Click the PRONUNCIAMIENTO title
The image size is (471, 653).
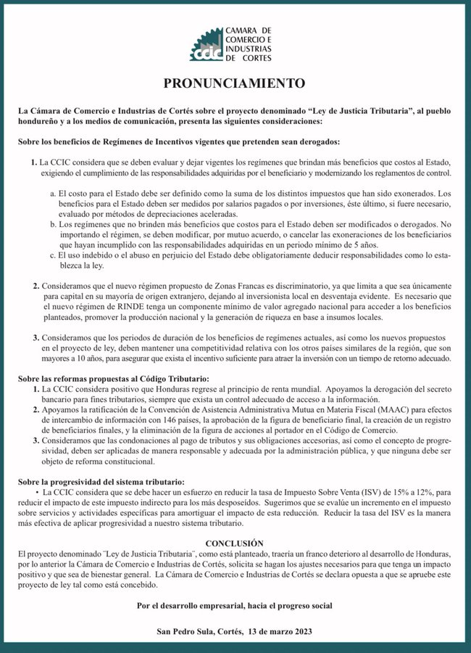point(235,83)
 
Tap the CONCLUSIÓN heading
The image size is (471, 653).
point(235,543)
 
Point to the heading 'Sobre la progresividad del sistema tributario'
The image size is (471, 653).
point(101,482)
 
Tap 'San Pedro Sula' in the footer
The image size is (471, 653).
point(186,632)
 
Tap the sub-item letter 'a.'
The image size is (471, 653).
point(54,195)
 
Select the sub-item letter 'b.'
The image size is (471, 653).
point(54,226)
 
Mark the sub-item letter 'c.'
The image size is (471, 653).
point(54,256)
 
